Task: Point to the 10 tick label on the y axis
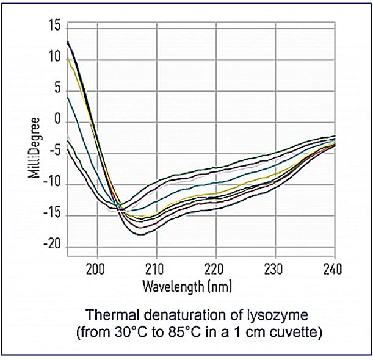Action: coord(55,59)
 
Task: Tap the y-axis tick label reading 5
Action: coord(58,90)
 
